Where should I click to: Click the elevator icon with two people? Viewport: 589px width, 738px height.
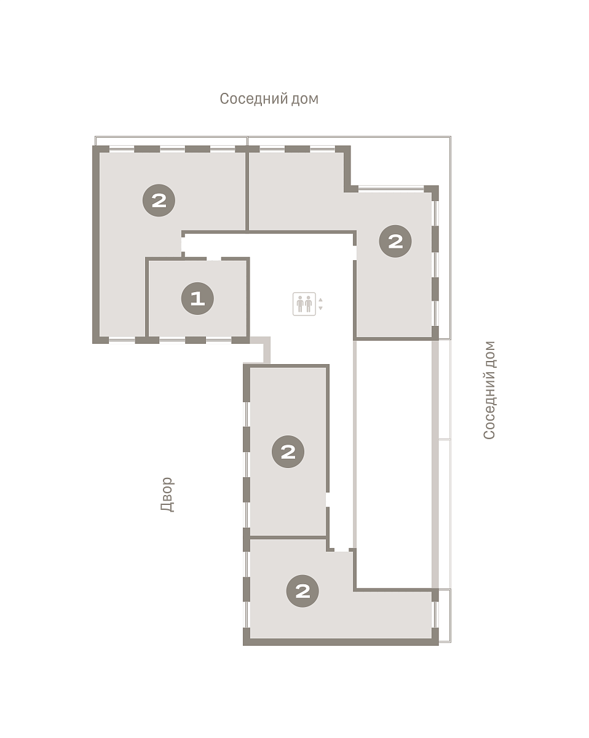click(304, 303)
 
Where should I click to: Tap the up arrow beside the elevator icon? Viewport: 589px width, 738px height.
click(320, 300)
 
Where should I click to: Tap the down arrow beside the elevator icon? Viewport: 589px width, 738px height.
click(320, 308)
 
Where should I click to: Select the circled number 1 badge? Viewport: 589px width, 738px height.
click(197, 298)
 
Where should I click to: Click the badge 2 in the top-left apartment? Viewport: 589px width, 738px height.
click(159, 200)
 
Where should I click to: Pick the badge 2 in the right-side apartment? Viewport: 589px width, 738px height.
click(395, 241)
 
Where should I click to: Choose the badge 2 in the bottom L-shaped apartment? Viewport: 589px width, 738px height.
click(302, 591)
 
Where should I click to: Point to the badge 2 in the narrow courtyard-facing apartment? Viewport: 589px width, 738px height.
click(288, 451)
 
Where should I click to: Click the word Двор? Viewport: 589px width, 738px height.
click(167, 494)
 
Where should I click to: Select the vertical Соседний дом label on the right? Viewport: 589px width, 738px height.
click(489, 390)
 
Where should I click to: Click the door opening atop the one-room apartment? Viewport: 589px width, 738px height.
click(213, 258)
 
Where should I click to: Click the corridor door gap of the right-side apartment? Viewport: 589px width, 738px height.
click(355, 253)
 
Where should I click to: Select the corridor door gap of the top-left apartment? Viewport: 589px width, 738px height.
click(183, 244)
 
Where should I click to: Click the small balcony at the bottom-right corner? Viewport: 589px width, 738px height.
click(445, 615)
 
